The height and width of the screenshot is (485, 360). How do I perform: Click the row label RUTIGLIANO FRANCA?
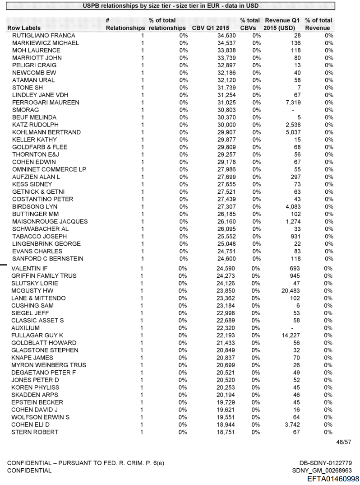(x=44, y=35)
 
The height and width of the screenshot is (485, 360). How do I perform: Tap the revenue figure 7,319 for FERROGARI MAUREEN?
(x=292, y=103)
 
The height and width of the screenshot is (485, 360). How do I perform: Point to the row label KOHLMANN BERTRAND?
(x=46, y=132)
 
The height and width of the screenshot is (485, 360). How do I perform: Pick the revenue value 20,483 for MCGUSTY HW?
(x=291, y=291)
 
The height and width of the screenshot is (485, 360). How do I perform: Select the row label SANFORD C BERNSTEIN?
(x=48, y=259)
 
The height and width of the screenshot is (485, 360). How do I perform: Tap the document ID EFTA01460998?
(x=333, y=479)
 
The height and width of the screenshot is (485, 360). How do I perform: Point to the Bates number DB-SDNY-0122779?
(x=325, y=463)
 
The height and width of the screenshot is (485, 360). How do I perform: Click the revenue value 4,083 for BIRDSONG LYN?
(x=292, y=207)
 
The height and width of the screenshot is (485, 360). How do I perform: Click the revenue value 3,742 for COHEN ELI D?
(x=292, y=425)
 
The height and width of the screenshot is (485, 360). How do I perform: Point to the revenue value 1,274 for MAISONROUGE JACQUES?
(x=292, y=222)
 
